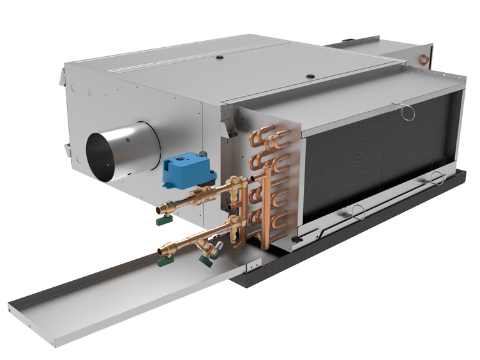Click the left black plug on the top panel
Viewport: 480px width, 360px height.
pos(219,57)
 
